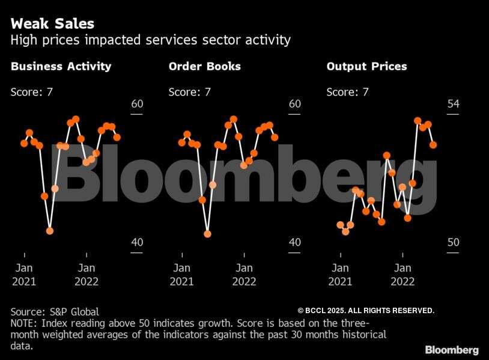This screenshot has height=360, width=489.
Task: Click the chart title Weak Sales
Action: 52,24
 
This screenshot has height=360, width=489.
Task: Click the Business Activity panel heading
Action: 61,66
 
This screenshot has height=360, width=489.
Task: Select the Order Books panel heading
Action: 205,66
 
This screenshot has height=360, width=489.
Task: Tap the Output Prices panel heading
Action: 366,66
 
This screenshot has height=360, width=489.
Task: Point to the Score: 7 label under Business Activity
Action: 32,92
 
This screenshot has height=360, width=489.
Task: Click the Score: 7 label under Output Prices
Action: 347,92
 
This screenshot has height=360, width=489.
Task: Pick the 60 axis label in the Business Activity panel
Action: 137,104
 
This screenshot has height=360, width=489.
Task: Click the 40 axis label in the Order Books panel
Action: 294,242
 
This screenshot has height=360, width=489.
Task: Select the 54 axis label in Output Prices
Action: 453,104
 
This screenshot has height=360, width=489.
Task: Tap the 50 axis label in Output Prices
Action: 453,242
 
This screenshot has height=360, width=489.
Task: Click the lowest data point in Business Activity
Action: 50,231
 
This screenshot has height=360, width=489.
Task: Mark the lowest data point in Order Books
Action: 208,234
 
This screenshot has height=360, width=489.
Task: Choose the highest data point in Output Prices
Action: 418,121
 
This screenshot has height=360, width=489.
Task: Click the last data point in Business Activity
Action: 117,137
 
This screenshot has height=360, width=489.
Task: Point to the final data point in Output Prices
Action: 433,145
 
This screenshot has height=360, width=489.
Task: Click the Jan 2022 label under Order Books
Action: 244,275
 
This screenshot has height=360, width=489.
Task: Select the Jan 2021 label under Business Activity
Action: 24,275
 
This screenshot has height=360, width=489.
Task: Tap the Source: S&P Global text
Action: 55,311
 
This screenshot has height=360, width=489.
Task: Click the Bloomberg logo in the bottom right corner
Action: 452,350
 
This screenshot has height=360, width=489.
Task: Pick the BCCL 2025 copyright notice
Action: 366,310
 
